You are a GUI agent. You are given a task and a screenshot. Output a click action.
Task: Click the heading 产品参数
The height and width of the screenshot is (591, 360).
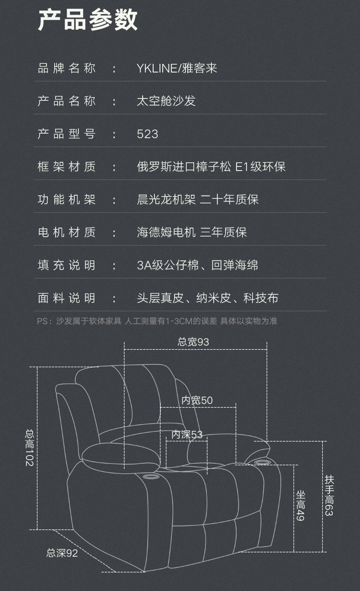[x=87, y=20]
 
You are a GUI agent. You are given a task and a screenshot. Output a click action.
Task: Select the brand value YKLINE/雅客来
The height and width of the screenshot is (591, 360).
[x=177, y=68]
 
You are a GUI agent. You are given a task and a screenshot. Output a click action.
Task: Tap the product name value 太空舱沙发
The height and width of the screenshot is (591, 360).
[x=166, y=101]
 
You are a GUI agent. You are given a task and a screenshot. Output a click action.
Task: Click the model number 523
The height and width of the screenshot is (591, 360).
[x=148, y=134]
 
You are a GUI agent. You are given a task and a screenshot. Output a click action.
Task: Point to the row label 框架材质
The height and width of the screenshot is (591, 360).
[x=67, y=166]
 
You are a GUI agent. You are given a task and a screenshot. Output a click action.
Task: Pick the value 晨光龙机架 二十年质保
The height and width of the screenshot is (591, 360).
[x=198, y=199]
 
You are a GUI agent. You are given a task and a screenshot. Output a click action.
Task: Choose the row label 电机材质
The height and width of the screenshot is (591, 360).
[x=67, y=232]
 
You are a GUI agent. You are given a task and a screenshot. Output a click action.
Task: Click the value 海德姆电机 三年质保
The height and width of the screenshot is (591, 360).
[x=191, y=232]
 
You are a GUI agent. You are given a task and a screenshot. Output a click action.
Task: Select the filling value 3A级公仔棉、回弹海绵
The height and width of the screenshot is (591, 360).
[x=197, y=265]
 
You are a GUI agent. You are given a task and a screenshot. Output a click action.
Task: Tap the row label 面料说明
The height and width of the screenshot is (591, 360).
[x=67, y=298]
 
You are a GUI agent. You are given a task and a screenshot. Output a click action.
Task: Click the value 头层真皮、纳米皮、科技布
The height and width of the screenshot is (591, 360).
[x=207, y=298]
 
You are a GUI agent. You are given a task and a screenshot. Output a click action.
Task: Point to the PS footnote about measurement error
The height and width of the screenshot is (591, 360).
[x=157, y=321]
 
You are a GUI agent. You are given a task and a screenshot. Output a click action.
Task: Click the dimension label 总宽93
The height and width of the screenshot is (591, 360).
[x=193, y=342]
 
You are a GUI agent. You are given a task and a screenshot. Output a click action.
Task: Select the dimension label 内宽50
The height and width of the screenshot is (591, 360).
[x=197, y=400]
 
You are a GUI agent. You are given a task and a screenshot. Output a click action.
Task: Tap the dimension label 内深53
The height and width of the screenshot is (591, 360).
[x=187, y=435]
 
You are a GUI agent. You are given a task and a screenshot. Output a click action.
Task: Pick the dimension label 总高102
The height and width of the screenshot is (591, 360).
[x=29, y=447]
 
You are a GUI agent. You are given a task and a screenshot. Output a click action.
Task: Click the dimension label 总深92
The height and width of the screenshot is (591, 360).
[x=62, y=553]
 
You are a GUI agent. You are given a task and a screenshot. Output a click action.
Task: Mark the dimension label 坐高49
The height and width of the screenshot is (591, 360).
[x=301, y=505]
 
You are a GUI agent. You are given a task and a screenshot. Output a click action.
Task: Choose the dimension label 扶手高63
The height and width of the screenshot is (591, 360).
[x=329, y=495]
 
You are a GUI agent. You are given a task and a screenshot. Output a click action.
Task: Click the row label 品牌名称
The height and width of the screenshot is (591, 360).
[x=67, y=68]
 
